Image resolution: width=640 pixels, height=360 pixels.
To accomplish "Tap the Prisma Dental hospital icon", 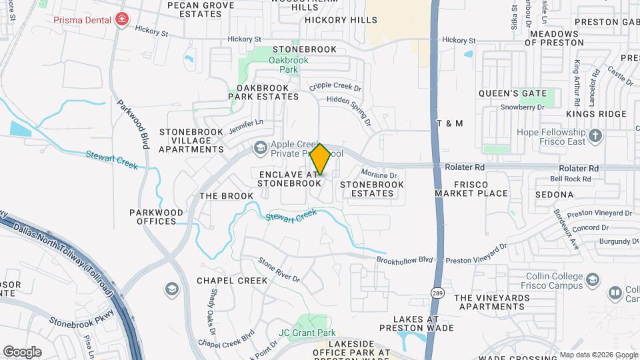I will pos(121,19).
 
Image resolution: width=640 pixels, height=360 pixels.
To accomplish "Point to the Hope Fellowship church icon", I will pos(596,136).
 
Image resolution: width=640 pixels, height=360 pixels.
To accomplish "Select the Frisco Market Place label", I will pos(471,189).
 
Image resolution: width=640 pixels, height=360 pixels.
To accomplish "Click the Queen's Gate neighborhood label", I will pos(513,93).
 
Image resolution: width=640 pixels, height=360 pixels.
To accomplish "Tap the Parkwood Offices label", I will pos(156,217).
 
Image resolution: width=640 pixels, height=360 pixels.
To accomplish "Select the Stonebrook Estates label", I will pos(367,189).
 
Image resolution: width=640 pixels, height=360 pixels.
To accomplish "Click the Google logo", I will pos(22,351).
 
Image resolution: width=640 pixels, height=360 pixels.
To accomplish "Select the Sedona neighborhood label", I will pos(553,195).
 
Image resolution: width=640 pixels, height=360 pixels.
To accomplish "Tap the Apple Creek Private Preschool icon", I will pos(260,147).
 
